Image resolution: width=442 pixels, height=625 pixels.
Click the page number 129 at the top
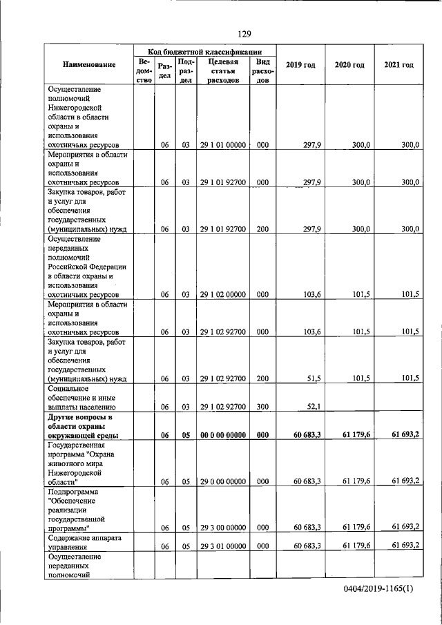point(243,34)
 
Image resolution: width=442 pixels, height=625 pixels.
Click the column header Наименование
point(89,65)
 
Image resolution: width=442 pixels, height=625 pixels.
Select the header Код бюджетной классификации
point(205,51)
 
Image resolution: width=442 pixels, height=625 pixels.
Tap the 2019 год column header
point(300,65)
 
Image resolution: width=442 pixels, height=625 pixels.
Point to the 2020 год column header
point(349,65)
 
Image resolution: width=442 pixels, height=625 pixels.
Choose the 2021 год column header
point(398,65)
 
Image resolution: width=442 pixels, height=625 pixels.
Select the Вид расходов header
point(262,70)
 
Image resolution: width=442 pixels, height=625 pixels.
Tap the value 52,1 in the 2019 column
point(314,406)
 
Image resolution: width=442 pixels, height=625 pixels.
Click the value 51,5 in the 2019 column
point(314,378)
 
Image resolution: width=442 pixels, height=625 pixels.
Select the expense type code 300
point(262,406)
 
